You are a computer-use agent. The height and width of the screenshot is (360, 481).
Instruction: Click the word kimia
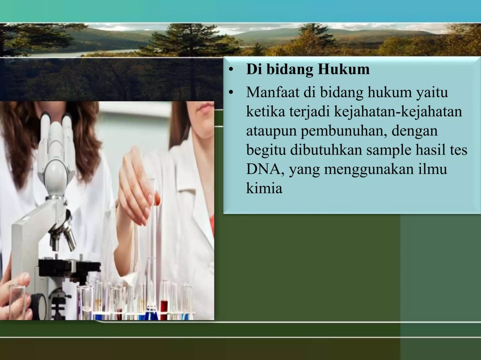[264, 189]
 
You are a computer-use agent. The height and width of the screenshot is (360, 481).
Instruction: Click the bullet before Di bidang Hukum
[230, 70]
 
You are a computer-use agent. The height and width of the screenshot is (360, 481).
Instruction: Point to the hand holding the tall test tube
[136, 188]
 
